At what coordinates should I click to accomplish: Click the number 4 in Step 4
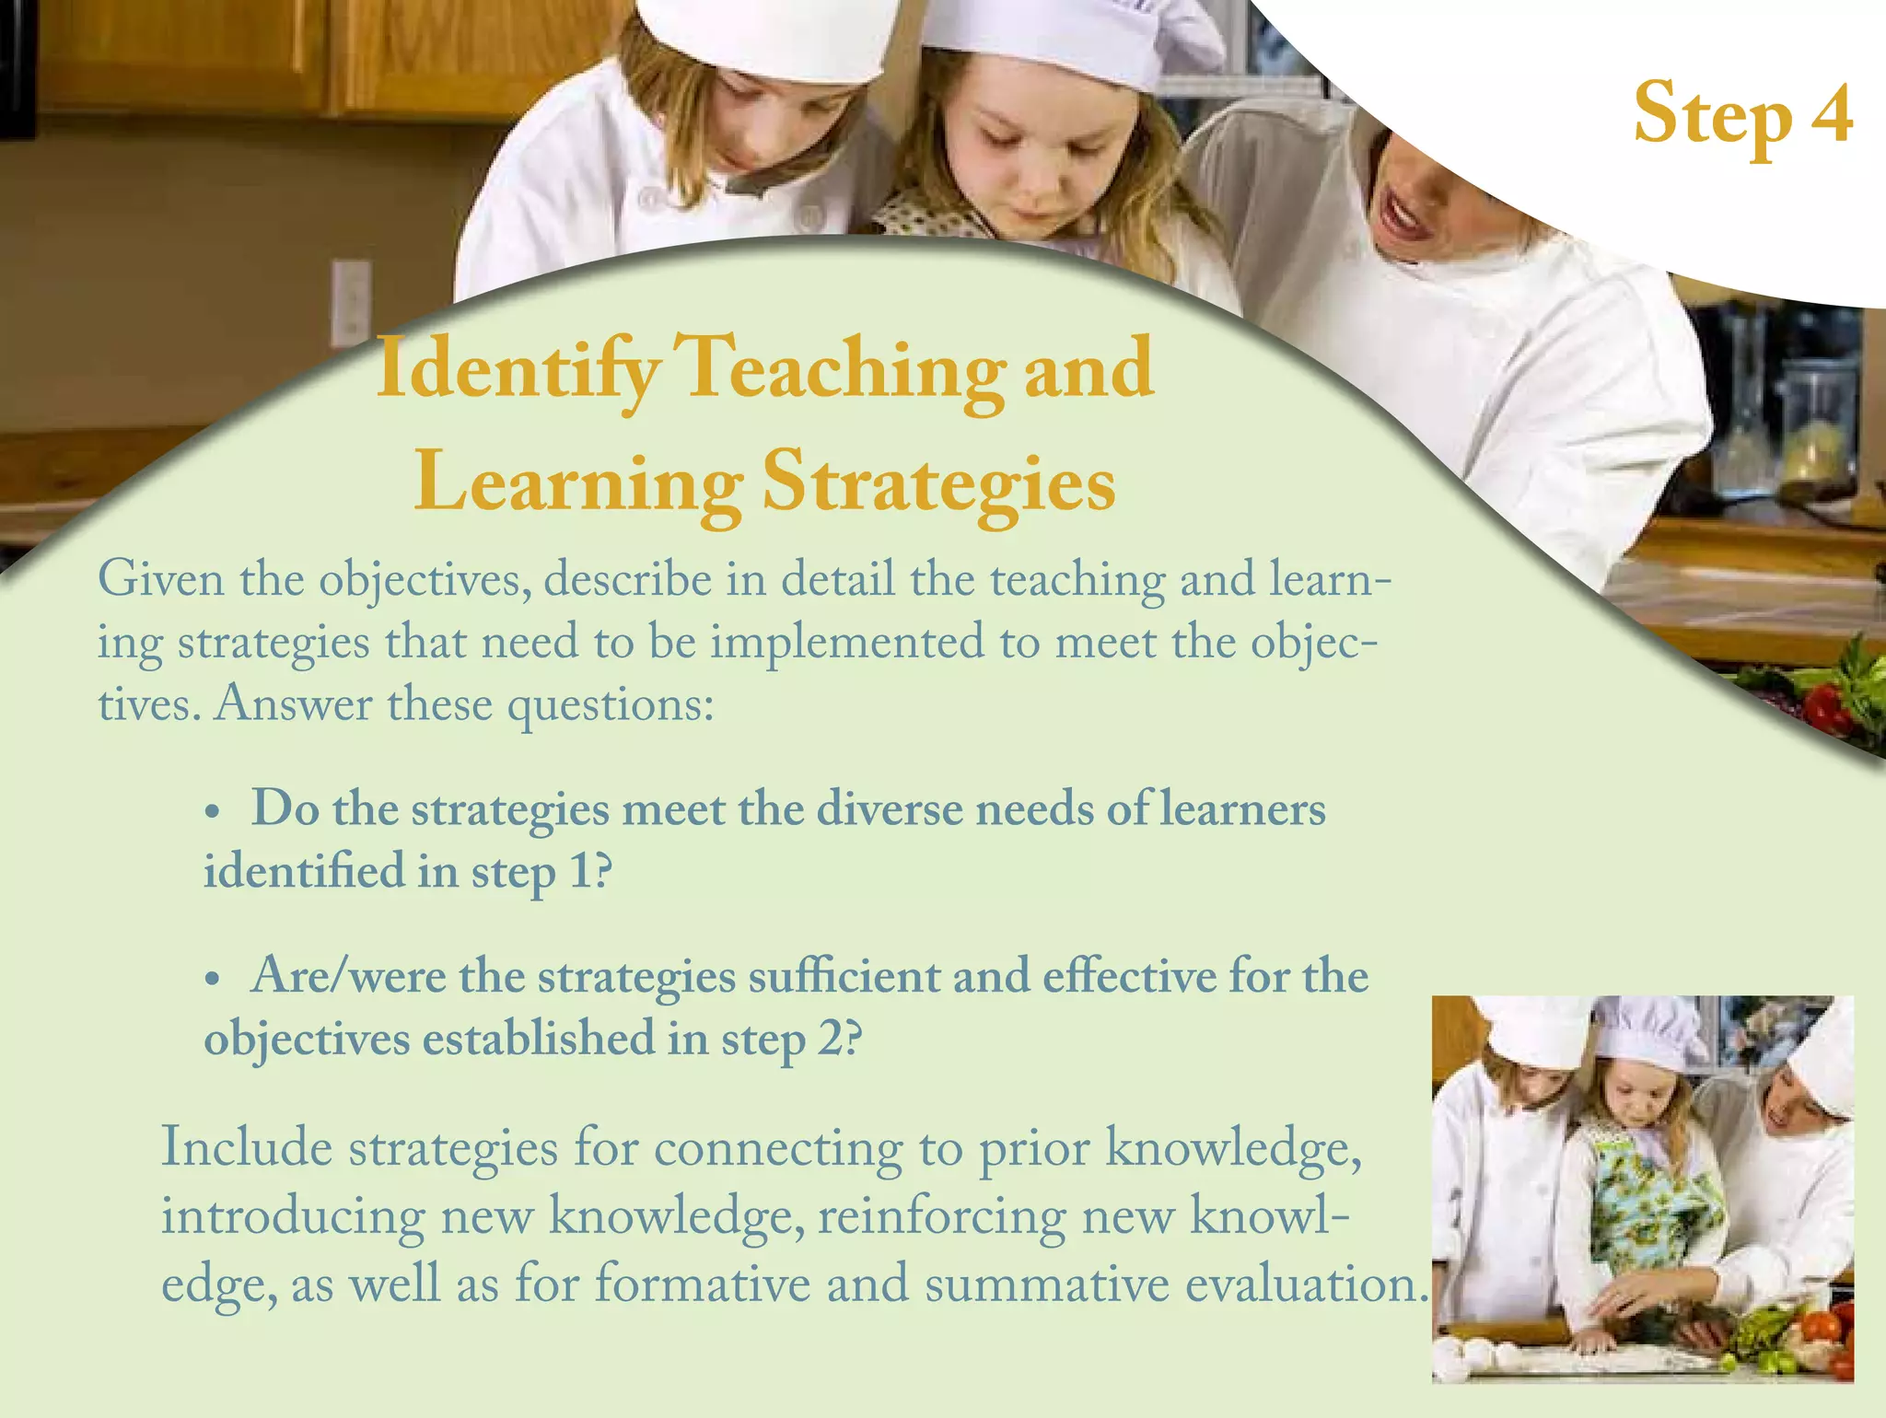click(1832, 114)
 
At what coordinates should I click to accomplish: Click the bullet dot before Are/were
click(213, 980)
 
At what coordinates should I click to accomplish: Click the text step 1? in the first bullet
click(541, 873)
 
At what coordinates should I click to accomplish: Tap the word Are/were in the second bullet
click(348, 976)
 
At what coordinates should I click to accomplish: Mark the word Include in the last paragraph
click(246, 1149)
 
